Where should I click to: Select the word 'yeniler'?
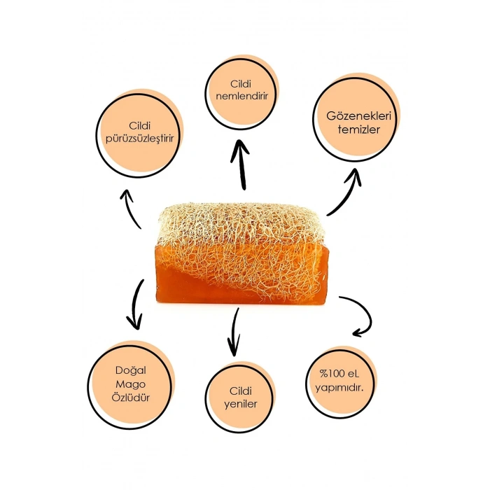click(240, 404)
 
